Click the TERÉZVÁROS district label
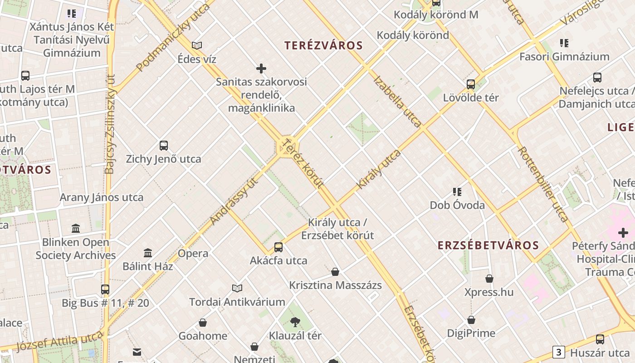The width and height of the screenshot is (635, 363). coord(323,45)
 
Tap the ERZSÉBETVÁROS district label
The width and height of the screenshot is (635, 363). coord(488,245)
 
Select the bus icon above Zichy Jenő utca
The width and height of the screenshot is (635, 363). coord(164,146)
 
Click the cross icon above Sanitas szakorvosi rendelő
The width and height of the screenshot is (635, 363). coord(261,69)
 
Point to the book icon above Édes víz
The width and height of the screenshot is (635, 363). coord(197,45)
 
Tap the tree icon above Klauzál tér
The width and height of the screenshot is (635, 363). coord(295,322)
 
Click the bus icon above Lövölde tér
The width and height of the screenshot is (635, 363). coord(471,84)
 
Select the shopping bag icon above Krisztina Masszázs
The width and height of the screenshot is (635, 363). coord(335,272)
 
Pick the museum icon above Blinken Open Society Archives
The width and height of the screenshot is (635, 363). coord(76,228)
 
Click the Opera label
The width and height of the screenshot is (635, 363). coord(193,253)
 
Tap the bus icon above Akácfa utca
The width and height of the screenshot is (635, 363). coord(278,247)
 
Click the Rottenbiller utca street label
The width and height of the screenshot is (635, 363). coord(543,183)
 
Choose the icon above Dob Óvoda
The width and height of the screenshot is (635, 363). coord(457,192)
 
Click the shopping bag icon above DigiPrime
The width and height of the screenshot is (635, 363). coord(471,320)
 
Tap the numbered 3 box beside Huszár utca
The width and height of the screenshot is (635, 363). coord(558,352)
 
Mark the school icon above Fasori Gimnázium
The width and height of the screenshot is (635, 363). coord(564,43)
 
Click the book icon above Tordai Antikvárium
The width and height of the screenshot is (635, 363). coord(237,288)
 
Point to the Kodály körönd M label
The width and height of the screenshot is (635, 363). coord(436,15)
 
